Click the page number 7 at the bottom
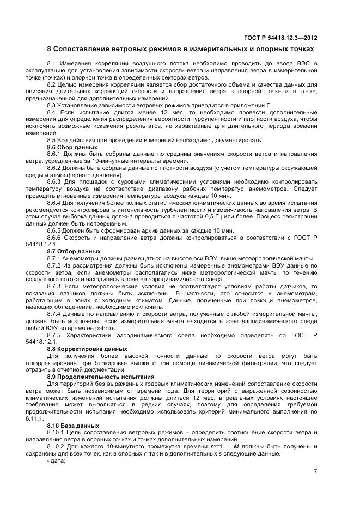315,472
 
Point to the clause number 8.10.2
57,446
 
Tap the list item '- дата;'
56,460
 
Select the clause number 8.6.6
56,238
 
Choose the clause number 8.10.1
57,432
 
